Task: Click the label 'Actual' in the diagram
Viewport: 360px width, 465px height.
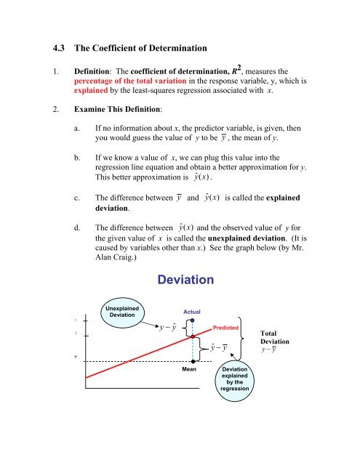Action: click(x=192, y=311)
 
